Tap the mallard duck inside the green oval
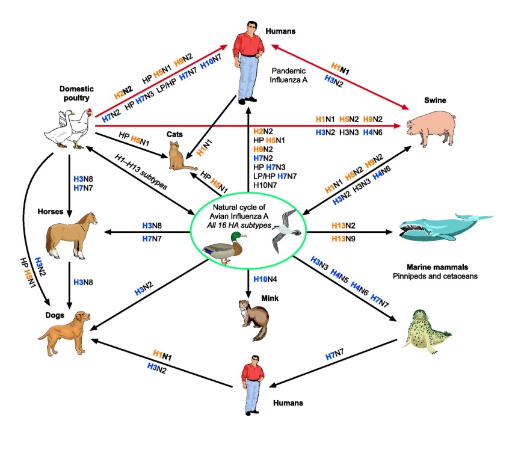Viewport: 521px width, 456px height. pyautogui.click(x=225, y=247)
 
